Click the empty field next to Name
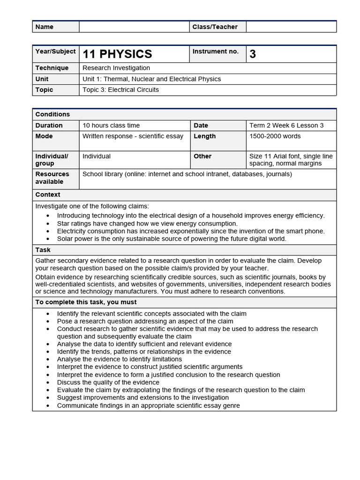(x=134, y=27)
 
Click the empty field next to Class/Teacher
(x=291, y=27)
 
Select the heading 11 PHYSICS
(x=117, y=54)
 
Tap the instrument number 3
(x=253, y=54)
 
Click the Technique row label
(x=52, y=68)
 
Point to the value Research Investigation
(x=116, y=68)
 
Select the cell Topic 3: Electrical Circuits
(x=120, y=90)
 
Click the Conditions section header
(x=52, y=114)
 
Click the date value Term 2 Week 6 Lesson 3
(x=286, y=125)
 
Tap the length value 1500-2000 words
(x=275, y=136)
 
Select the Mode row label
(x=44, y=136)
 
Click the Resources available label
(x=52, y=178)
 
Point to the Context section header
(x=48, y=195)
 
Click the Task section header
(x=43, y=250)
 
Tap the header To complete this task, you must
(x=86, y=302)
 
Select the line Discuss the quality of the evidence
(x=108, y=382)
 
